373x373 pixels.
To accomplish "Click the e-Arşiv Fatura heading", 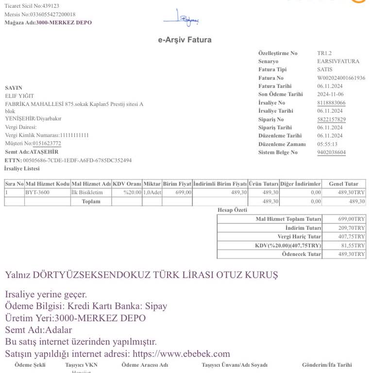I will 185,40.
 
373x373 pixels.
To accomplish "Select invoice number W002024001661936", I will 341,78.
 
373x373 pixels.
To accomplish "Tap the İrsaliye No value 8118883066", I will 331,103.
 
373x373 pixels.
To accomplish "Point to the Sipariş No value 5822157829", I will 331,119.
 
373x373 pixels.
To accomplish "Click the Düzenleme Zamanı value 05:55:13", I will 327,144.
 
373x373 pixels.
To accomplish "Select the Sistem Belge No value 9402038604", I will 331,153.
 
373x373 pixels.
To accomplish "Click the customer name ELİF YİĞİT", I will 19,96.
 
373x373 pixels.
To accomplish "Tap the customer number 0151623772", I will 47,144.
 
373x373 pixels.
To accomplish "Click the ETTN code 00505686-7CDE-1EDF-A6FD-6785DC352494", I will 77,160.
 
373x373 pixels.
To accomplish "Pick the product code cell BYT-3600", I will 37,193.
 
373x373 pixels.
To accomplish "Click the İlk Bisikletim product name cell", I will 87,193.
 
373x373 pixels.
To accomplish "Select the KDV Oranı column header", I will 127,184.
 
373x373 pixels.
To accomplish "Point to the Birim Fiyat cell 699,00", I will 184,193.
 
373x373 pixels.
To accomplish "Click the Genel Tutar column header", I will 343,184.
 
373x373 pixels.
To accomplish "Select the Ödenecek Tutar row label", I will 301,254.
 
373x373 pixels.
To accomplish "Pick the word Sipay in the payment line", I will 155,306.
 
